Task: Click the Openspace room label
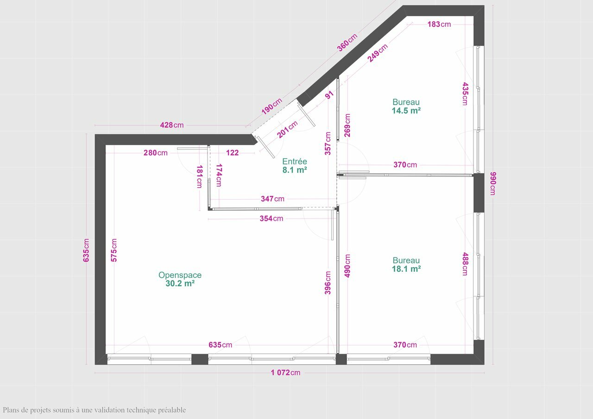coord(180,275)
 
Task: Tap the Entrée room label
coord(295,162)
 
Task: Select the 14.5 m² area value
coord(406,111)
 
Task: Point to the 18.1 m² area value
coord(406,269)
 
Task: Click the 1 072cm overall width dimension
coord(286,373)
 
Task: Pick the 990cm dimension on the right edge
coord(493,184)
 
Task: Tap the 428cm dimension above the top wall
coord(172,125)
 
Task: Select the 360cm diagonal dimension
coord(347,42)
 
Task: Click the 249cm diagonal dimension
coord(378,53)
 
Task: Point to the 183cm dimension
coord(439,25)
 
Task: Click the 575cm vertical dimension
coord(114,250)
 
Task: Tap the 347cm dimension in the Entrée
coord(273,199)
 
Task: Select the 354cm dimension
coord(271,219)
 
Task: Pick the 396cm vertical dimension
coord(328,283)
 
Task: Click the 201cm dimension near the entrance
coord(287,129)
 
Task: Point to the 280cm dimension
coord(156,153)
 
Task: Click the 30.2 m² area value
coord(180,283)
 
